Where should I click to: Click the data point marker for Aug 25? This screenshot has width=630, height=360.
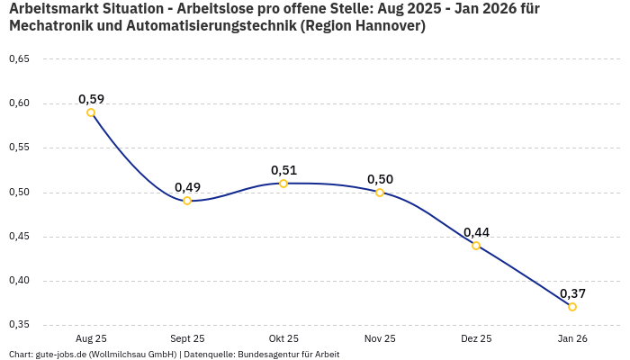91,112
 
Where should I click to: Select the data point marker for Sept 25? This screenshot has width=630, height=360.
187,201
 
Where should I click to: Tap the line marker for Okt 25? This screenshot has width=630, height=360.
283,184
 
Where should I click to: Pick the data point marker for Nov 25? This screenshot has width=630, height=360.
380,193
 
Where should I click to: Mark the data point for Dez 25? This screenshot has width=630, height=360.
476,246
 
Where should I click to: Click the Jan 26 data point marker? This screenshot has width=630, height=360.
572,307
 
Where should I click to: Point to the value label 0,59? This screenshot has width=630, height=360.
91,99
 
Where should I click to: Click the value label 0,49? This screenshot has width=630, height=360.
187,187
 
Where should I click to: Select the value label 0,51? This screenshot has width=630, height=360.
283,170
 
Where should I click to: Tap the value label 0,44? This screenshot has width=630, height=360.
476,232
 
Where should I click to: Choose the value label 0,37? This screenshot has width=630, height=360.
572,293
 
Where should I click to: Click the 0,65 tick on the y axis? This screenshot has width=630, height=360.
19,59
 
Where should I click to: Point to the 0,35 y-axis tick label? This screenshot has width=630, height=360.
19,325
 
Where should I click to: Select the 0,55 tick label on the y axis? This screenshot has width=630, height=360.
19,148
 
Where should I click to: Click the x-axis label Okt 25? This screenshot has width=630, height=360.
283,339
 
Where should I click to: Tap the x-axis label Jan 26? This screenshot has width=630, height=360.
572,339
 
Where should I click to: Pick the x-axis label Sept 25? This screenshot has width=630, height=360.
187,339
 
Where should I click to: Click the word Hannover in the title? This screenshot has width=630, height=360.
384,26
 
